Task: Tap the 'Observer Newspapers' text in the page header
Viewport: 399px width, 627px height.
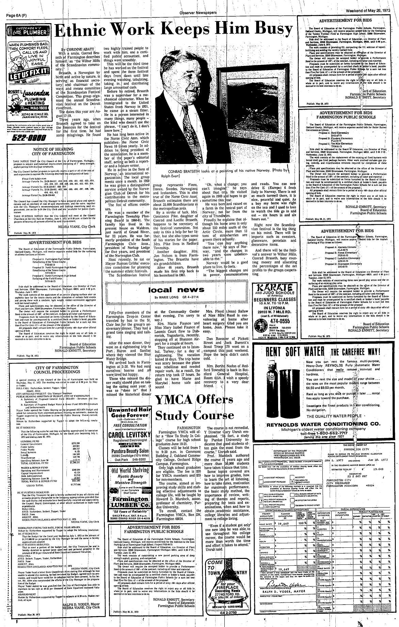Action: pyautogui.click(x=199, y=4)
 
